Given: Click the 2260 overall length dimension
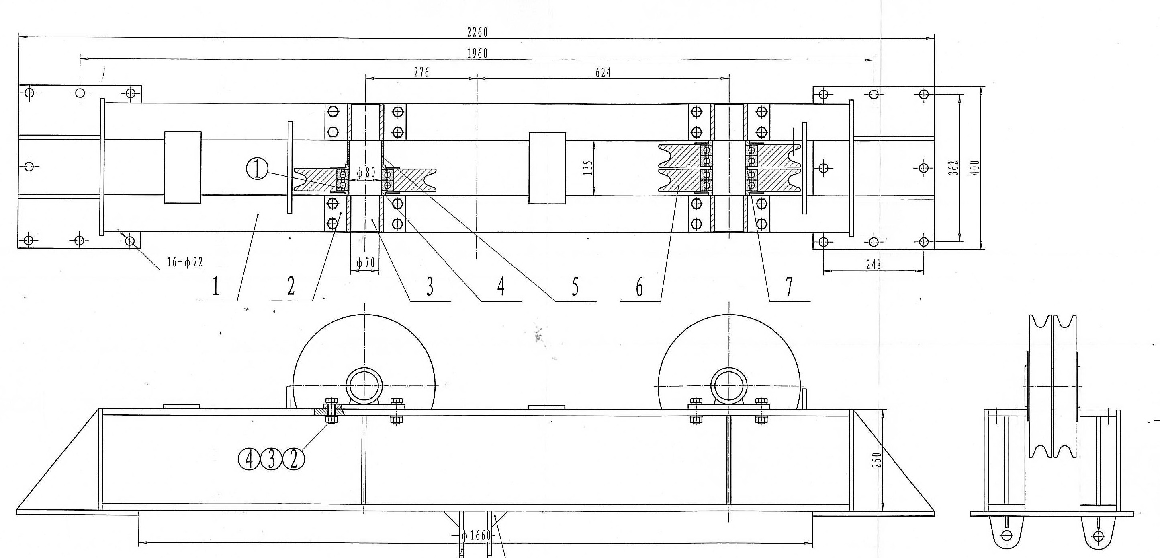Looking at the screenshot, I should [477, 32].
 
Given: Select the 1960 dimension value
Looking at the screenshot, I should [477, 54].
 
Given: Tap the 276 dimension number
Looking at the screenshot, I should [421, 72].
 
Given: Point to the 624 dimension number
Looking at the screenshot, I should [603, 72].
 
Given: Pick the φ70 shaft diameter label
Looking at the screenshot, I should [365, 263].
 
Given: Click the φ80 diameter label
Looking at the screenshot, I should [366, 172].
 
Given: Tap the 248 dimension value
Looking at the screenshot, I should [873, 265].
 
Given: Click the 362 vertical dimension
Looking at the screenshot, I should [953, 168].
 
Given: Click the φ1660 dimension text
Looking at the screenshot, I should [476, 535].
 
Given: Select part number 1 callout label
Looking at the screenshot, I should [215, 287].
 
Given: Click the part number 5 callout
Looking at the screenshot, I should [575, 287].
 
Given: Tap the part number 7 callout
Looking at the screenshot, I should [788, 287].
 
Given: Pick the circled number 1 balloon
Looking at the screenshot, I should [257, 170].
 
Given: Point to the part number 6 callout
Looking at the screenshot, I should [639, 287].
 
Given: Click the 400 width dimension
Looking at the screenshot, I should [976, 168].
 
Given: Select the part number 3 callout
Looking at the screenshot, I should [430, 287].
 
